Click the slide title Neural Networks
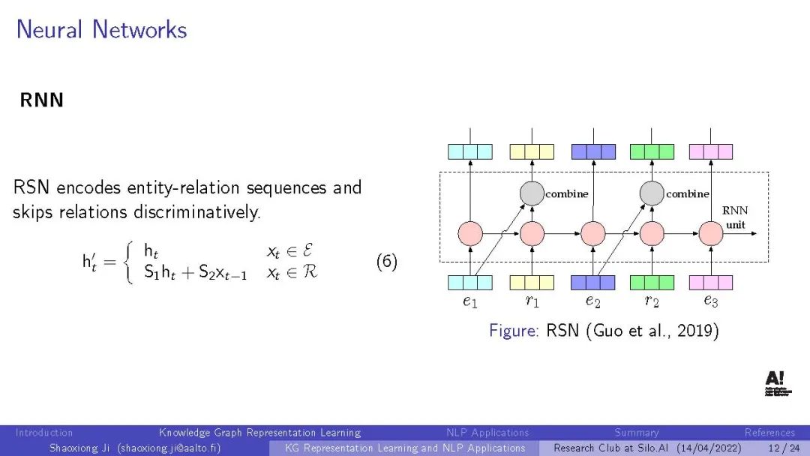pyautogui.click(x=101, y=30)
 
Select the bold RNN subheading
pyautogui.click(x=42, y=100)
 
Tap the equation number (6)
pyautogui.click(x=386, y=262)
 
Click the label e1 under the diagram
pyautogui.click(x=470, y=301)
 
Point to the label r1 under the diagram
pyautogui.click(x=532, y=301)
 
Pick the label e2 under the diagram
pyautogui.click(x=592, y=301)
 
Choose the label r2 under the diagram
pyautogui.click(x=652, y=301)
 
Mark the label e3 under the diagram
pyautogui.click(x=710, y=301)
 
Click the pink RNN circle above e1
pyautogui.click(x=470, y=233)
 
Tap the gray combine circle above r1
pyautogui.click(x=532, y=193)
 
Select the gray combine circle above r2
pyautogui.click(x=652, y=193)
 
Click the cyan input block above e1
pyautogui.click(x=470, y=283)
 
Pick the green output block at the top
pyautogui.click(x=652, y=151)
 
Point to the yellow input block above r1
pyautogui.click(x=532, y=283)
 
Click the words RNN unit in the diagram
pyautogui.click(x=735, y=217)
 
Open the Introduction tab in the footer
pyautogui.click(x=44, y=433)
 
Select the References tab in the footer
pyautogui.click(x=769, y=433)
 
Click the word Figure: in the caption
pyautogui.click(x=514, y=330)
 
